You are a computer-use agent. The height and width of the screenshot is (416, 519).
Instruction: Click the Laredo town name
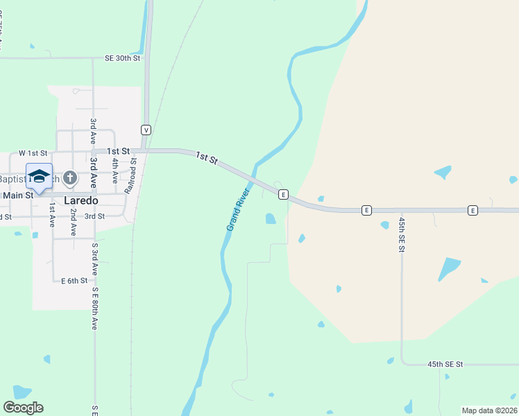tap(80, 200)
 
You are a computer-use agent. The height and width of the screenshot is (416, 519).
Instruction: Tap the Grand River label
tap(237, 209)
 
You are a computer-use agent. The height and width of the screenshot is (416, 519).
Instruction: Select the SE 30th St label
tap(123, 58)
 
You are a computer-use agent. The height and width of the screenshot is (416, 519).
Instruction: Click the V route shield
tap(146, 130)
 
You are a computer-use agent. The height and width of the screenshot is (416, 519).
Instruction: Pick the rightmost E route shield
tap(473, 210)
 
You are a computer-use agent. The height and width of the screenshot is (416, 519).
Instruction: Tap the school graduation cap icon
tap(39, 175)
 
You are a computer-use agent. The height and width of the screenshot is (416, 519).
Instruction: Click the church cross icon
tap(69, 179)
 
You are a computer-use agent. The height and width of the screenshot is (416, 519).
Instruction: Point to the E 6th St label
tap(74, 281)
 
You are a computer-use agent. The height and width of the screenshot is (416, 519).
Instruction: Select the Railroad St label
tap(130, 175)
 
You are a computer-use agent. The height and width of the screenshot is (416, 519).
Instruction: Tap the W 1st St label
tap(33, 153)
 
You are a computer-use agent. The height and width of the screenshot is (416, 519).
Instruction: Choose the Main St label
tap(17, 196)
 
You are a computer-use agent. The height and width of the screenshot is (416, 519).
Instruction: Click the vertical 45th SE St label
tap(402, 234)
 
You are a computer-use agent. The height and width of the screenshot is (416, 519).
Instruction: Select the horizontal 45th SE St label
tap(445, 364)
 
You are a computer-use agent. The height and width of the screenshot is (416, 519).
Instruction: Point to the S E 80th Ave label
tap(95, 309)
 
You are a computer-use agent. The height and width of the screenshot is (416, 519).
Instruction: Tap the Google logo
tap(23, 408)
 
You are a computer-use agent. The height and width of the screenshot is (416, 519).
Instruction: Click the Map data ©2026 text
tap(488, 410)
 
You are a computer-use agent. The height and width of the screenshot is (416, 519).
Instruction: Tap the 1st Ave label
tap(51, 220)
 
